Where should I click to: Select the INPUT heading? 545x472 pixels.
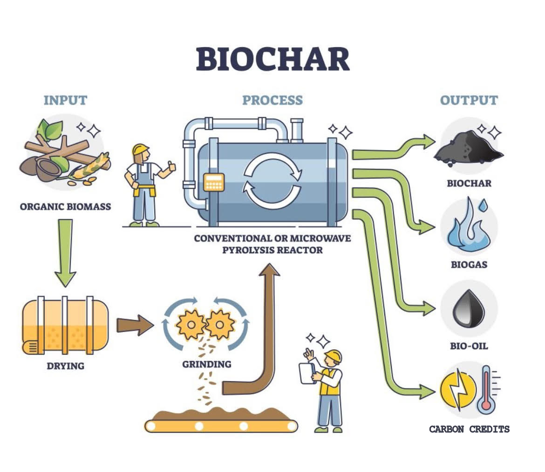65,100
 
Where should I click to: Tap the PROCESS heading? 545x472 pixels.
272,100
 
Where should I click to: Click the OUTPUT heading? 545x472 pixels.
469,100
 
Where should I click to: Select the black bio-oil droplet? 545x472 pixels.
469,308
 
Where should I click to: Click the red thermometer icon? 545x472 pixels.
486,389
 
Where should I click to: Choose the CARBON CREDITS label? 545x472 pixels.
469,429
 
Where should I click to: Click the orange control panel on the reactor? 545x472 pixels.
214,182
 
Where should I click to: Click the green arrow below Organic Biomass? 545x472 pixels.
65,252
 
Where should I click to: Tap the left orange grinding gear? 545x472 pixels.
190,323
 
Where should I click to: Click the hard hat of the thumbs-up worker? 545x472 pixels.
140,149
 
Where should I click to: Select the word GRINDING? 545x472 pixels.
206,364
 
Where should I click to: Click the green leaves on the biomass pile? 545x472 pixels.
49,128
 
